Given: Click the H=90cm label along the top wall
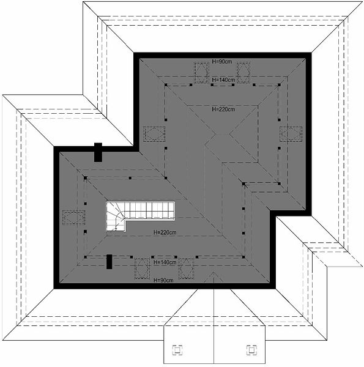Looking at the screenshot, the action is (221, 62).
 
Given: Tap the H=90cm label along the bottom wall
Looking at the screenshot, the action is (163, 280).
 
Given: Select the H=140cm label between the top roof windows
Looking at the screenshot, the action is (223, 80).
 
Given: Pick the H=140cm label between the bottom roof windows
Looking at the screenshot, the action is (165, 262).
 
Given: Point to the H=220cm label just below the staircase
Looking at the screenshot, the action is (165, 232).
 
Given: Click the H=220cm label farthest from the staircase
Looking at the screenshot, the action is (223, 109).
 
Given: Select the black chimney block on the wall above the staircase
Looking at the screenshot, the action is (98, 152).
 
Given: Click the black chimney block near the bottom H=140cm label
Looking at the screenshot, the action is (109, 262).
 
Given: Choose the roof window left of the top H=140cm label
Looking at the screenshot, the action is (201, 73).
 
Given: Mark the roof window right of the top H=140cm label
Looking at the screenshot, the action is (243, 73).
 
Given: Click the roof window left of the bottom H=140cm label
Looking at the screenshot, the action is (142, 269).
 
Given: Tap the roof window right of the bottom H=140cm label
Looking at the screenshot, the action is (187, 269).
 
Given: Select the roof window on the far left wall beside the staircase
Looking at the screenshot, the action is (73, 218).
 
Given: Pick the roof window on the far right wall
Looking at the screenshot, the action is (291, 134).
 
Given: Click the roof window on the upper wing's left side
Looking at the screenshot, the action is (154, 134).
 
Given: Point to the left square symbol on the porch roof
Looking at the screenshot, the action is (177, 350).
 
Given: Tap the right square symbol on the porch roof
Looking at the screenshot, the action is (251, 350).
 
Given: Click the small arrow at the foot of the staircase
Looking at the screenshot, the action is (116, 229).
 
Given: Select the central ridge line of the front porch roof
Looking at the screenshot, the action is (214, 318).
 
